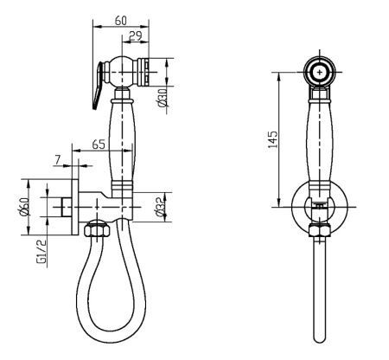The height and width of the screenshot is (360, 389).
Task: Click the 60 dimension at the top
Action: pos(121,21)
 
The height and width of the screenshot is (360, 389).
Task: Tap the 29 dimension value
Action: pos(136,36)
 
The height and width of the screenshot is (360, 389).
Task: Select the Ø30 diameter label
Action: pos(163,98)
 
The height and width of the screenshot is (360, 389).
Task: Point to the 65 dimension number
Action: pos(99,145)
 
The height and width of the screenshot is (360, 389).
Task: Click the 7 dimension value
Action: pos(58,160)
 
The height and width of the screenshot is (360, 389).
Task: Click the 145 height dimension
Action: pos(272,139)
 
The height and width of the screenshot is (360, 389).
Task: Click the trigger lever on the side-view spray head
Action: pos(98,86)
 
